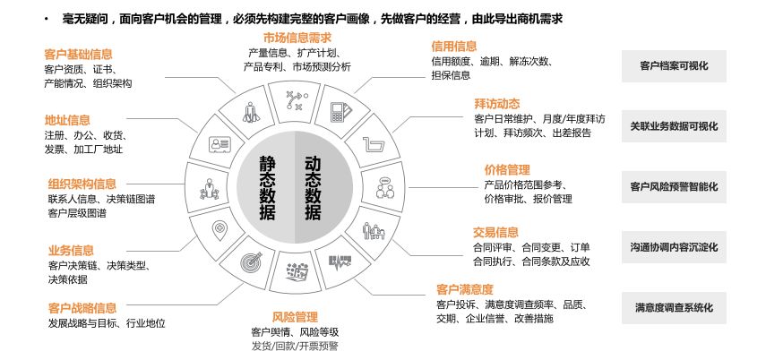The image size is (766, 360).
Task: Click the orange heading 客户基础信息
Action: [78, 53]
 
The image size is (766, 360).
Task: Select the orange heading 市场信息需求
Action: [297, 38]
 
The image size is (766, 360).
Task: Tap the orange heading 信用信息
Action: [453, 46]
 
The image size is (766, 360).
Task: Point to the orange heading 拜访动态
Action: [496, 104]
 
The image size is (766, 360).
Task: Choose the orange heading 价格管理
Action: [507, 169]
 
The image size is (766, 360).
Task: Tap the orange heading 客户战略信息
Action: [82, 308]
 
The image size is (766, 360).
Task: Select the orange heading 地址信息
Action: [67, 120]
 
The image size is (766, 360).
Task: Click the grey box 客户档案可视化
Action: [675, 65]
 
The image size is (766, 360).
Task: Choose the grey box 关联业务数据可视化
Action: [675, 126]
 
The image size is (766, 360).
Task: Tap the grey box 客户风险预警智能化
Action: [675, 187]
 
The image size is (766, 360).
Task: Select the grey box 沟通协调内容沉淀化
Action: [675, 247]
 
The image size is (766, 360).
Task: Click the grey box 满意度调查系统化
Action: [675, 307]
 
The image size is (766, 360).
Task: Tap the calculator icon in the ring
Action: [340, 112]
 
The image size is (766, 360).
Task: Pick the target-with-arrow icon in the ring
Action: [251, 263]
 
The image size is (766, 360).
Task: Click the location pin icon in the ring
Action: [218, 229]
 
